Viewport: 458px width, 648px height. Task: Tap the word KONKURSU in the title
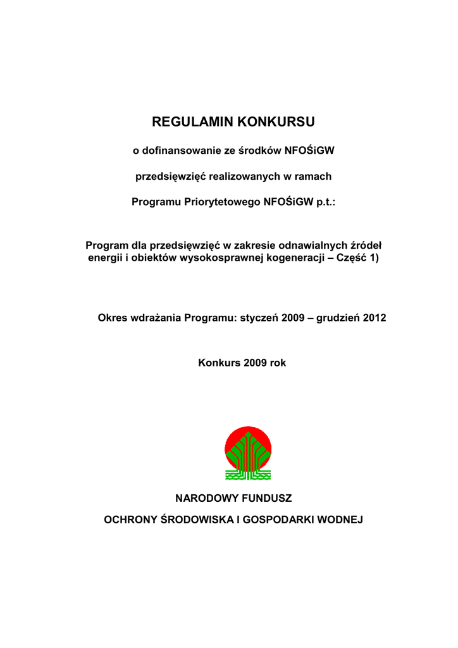tap(275, 121)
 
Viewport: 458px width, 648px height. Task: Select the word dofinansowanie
tap(178, 151)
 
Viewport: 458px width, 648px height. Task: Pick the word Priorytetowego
tap(218, 202)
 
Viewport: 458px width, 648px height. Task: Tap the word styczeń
tap(260, 318)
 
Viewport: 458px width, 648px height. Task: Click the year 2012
tap(374, 318)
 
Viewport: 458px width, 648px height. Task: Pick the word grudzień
tap(333, 318)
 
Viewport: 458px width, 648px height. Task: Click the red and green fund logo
tap(249, 452)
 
